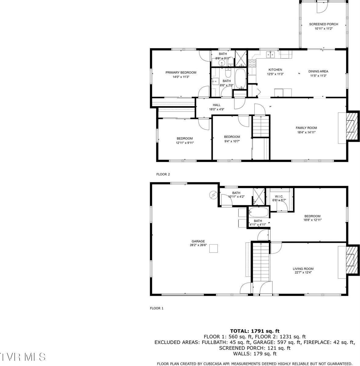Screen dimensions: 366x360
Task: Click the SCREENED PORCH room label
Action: click(323, 24)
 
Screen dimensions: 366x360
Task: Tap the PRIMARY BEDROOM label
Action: click(181, 73)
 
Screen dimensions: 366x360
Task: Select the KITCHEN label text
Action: click(275, 70)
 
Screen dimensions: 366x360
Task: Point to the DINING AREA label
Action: click(318, 71)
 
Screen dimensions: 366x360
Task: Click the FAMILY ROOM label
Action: click(306, 128)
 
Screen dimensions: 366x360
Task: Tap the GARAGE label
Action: click(198, 241)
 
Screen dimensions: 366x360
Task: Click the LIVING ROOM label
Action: click(303, 269)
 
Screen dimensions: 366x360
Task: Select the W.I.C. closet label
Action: click(279, 196)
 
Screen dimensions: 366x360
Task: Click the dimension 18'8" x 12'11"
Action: click(312, 220)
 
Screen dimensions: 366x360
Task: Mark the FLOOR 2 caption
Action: click(163, 174)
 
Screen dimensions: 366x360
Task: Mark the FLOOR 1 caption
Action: click(157, 308)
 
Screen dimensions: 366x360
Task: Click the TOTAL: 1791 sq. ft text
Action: click(254, 331)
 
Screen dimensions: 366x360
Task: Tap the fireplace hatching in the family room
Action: click(352, 126)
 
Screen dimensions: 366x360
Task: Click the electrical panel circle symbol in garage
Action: click(213, 194)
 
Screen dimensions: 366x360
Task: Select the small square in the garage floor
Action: click(215, 249)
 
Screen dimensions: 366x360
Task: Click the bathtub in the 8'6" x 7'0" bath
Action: click(240, 79)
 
